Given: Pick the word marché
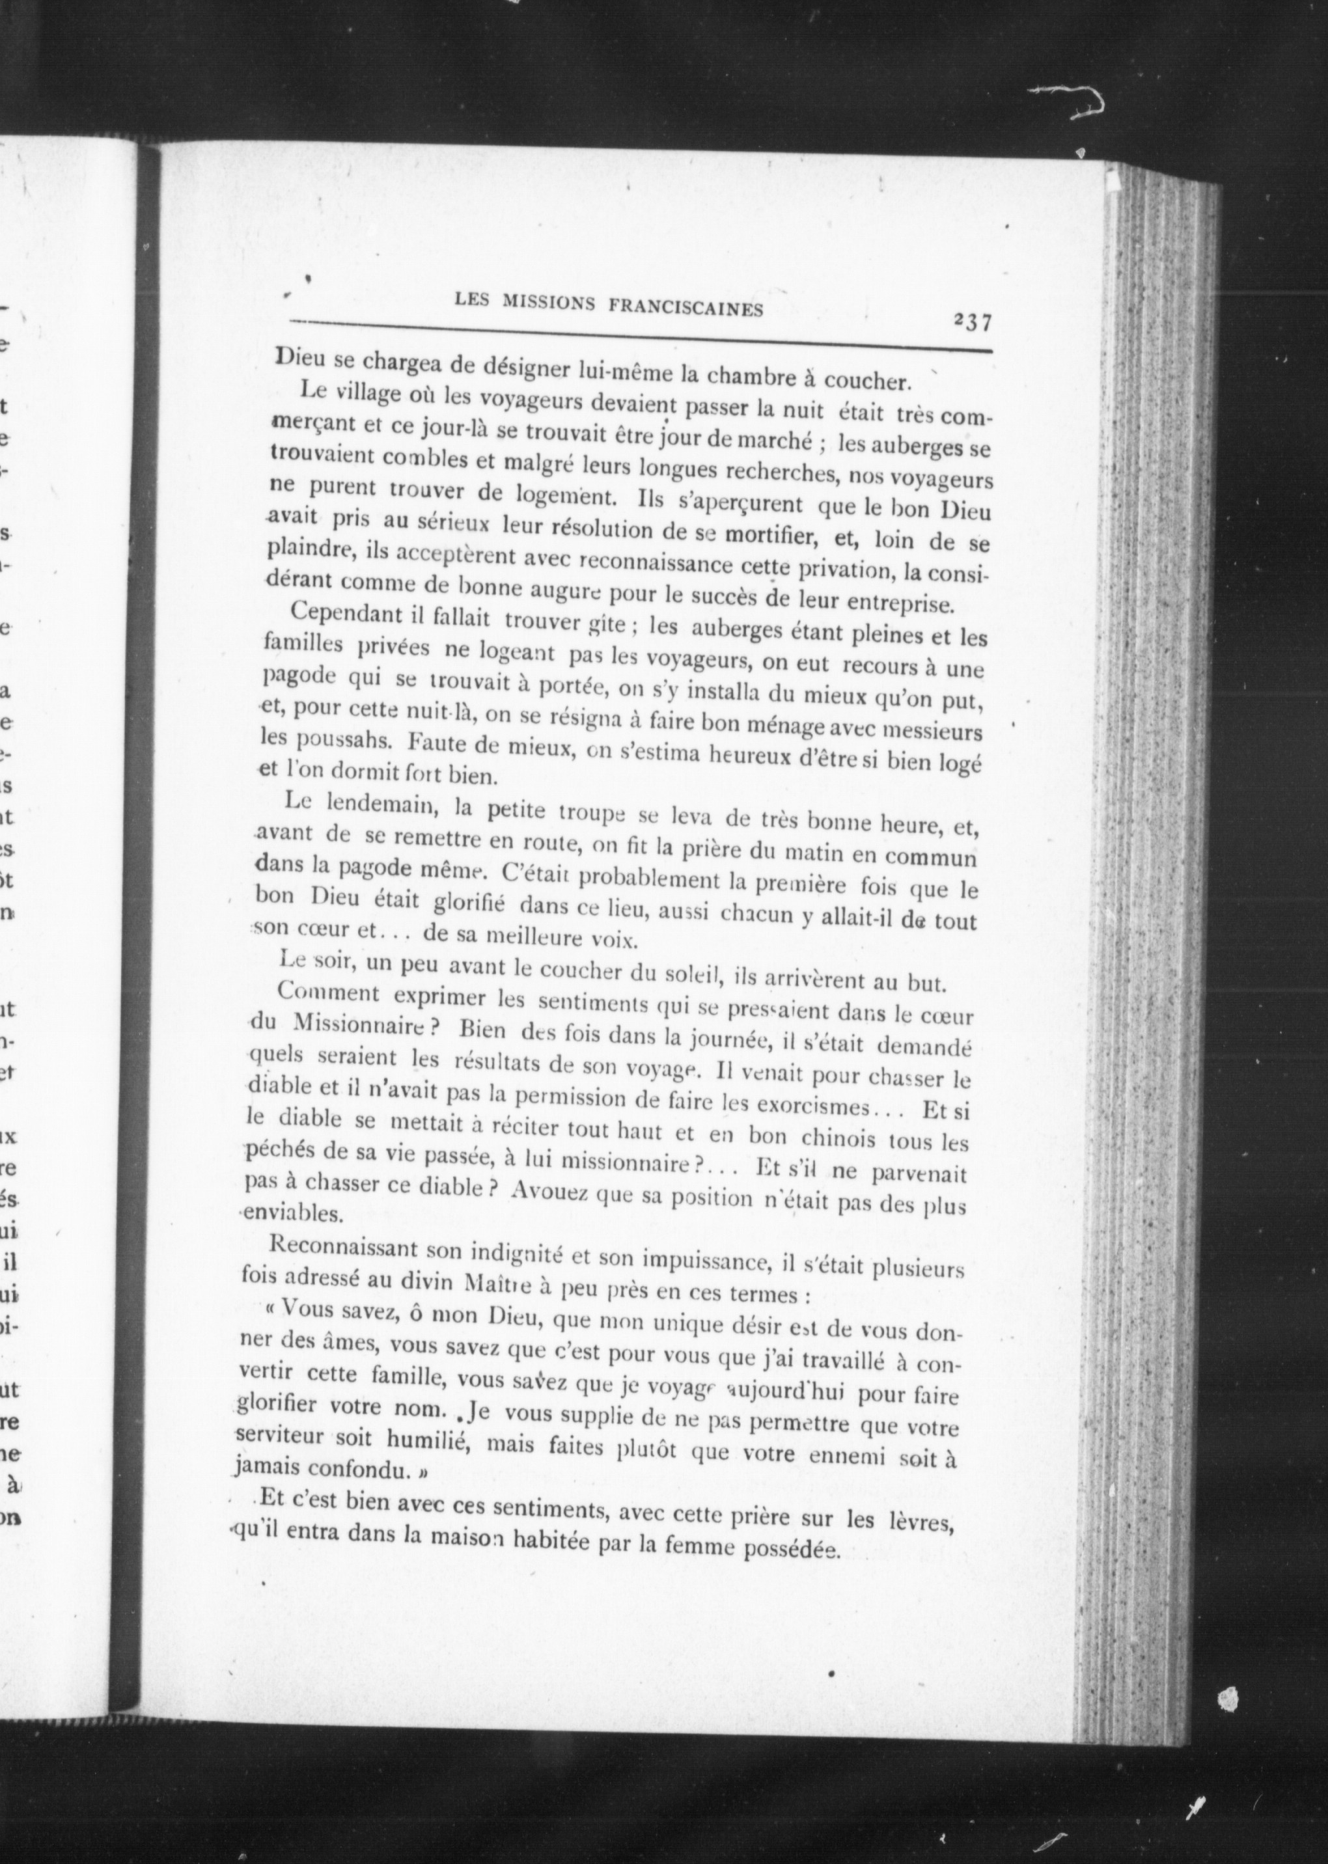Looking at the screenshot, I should tap(775, 441).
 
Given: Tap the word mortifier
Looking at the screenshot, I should tap(772, 536).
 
